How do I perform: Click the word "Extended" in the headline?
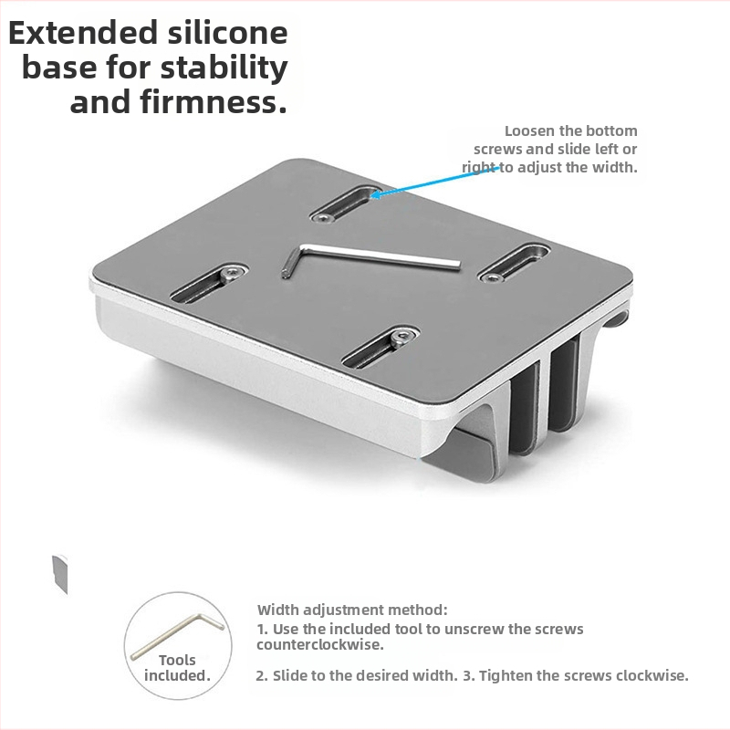[84, 33]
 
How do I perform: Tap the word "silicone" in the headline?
[227, 33]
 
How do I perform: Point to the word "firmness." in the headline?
[214, 102]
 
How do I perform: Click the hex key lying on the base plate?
[370, 261]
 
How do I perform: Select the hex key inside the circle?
[177, 636]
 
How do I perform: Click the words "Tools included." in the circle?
[177, 668]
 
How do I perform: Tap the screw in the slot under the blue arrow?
[322, 217]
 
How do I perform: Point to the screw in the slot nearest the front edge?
[401, 337]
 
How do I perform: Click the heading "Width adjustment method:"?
[352, 610]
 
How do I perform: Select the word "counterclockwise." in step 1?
[320, 645]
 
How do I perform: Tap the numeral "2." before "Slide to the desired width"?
[263, 675]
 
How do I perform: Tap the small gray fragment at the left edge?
[60, 574]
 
